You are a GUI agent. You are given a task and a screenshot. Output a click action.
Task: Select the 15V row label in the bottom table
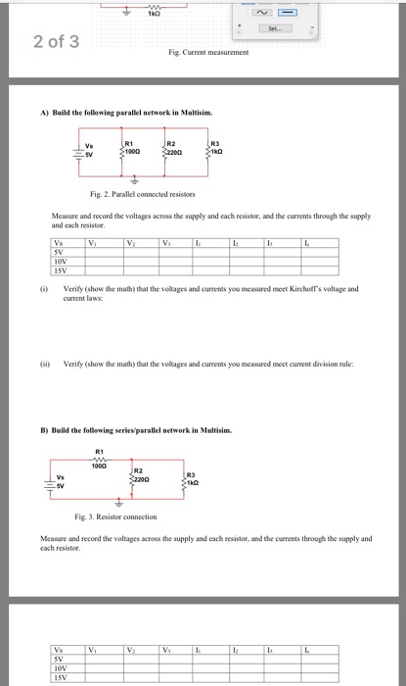click(x=62, y=675)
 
